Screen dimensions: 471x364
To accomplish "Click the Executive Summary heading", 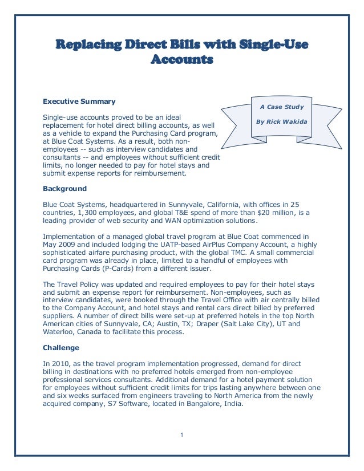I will [79, 101].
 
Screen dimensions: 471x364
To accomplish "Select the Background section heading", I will [65, 188].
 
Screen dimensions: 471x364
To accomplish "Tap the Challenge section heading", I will [61, 347].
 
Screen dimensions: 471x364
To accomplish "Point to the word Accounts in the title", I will [181, 59].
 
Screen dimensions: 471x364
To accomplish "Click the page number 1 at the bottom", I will [181, 436].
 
